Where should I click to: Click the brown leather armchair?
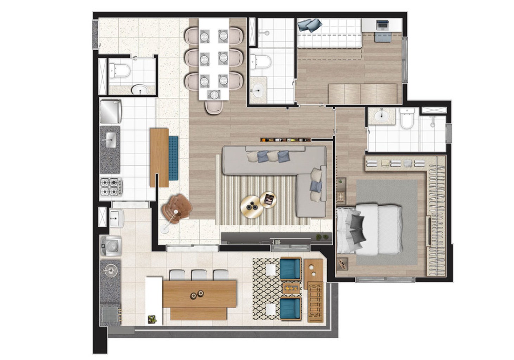177,209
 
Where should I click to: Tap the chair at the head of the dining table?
214,107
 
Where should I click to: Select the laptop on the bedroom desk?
381,25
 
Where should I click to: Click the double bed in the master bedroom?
369,230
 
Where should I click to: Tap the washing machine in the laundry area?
110,245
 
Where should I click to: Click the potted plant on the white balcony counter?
152,319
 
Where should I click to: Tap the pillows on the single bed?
309,25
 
